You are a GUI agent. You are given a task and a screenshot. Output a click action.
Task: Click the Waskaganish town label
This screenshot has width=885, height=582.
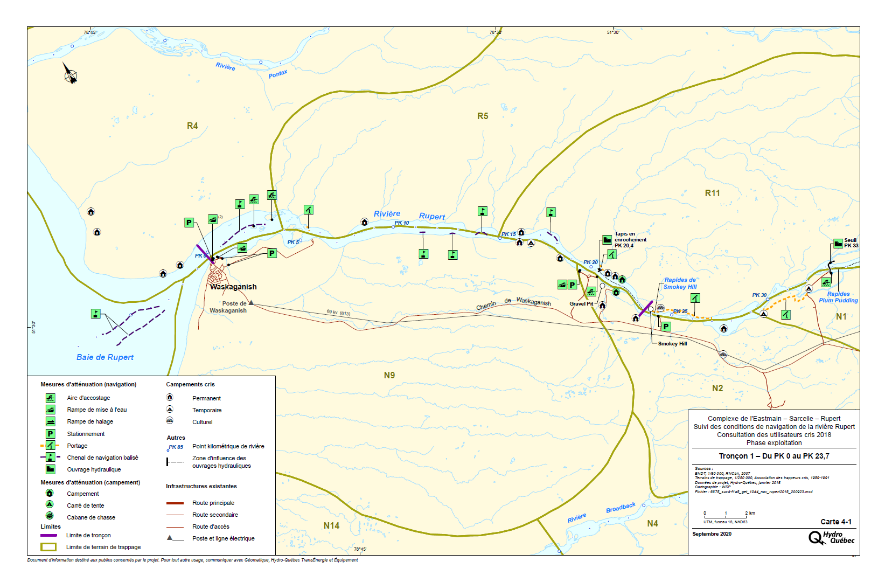pos(233,287)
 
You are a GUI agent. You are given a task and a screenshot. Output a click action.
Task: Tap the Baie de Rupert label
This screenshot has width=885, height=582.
pos(105,357)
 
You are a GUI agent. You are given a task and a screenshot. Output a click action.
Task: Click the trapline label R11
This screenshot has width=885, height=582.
pos(712,193)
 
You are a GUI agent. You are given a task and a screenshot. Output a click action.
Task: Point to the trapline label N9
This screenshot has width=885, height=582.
pos(389,375)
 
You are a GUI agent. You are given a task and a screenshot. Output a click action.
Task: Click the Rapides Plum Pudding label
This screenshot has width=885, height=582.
pos(838,297)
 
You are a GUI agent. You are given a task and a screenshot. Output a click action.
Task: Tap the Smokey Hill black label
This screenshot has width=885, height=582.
pos(672,344)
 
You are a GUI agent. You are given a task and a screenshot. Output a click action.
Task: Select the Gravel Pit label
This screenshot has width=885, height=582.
pos(581,304)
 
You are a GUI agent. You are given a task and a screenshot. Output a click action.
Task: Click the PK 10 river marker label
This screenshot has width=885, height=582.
pos(402,223)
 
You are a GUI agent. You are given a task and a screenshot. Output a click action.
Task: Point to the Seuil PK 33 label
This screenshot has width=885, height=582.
pos(851,243)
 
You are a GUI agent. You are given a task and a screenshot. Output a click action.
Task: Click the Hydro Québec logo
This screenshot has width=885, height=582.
pos(831,537)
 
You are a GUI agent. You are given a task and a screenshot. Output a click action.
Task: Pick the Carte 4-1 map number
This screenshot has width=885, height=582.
pos(836,522)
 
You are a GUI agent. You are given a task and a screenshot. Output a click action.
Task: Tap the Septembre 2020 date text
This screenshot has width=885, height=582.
pos(712,534)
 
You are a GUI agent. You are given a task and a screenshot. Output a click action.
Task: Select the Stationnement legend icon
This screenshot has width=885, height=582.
pos(50,434)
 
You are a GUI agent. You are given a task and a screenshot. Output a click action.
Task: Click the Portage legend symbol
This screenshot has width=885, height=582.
pos(50,446)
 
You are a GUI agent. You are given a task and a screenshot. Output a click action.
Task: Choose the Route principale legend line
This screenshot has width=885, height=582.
pos(175,503)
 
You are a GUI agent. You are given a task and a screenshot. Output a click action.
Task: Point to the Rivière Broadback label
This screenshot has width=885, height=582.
pos(601,512)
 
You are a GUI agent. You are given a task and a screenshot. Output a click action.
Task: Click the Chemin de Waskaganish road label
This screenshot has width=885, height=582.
pos(513,303)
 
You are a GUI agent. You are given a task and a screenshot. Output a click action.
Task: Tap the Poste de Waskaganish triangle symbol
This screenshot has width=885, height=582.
pos(251,303)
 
